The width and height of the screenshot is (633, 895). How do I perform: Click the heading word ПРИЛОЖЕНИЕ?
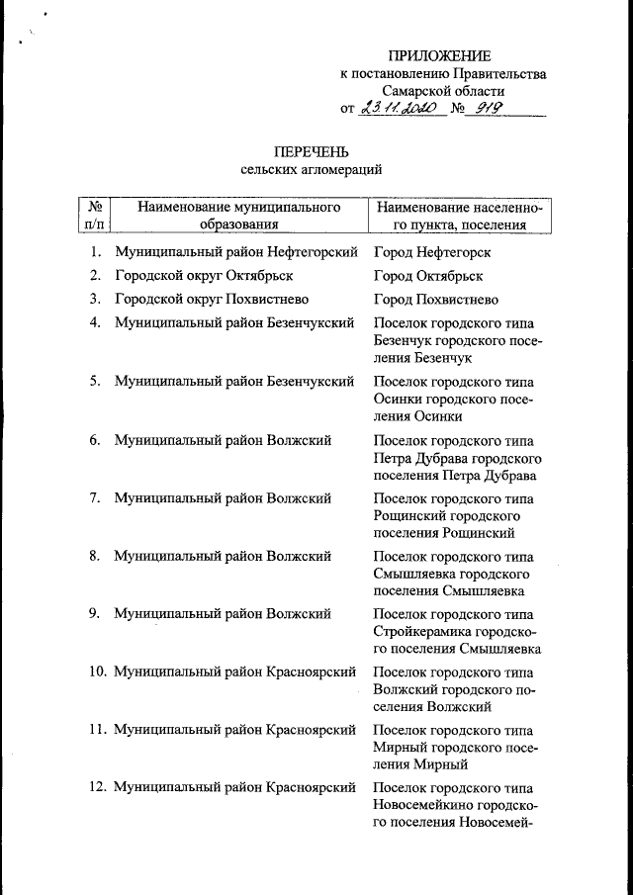[438, 55]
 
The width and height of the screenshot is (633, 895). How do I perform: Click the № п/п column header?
[95, 217]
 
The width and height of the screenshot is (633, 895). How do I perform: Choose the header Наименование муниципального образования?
[238, 217]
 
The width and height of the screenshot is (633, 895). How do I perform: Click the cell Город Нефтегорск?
[432, 252]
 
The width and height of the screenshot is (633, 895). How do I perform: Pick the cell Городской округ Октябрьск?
[203, 276]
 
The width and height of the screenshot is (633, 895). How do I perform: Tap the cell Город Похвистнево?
[436, 300]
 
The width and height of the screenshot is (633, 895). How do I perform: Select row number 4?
[95, 323]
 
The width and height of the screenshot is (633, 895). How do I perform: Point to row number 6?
[95, 440]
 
